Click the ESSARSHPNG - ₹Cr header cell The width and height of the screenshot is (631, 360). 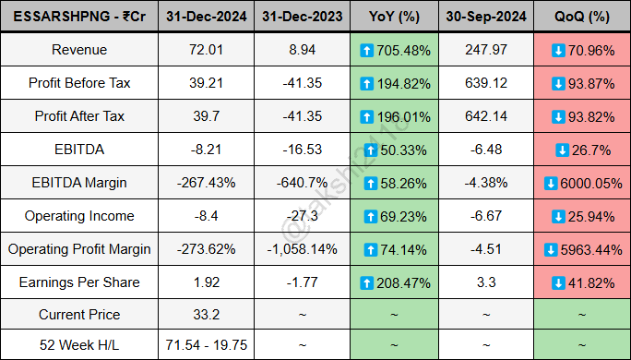[x=79, y=17]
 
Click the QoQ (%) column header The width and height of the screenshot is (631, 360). [x=582, y=17]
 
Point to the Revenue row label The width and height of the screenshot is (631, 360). [x=79, y=50]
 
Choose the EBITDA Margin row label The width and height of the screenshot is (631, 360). [x=79, y=183]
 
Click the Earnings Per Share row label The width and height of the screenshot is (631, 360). [x=79, y=282]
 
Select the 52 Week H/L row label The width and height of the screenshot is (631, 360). [x=79, y=347]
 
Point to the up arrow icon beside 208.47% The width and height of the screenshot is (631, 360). [x=366, y=282]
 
